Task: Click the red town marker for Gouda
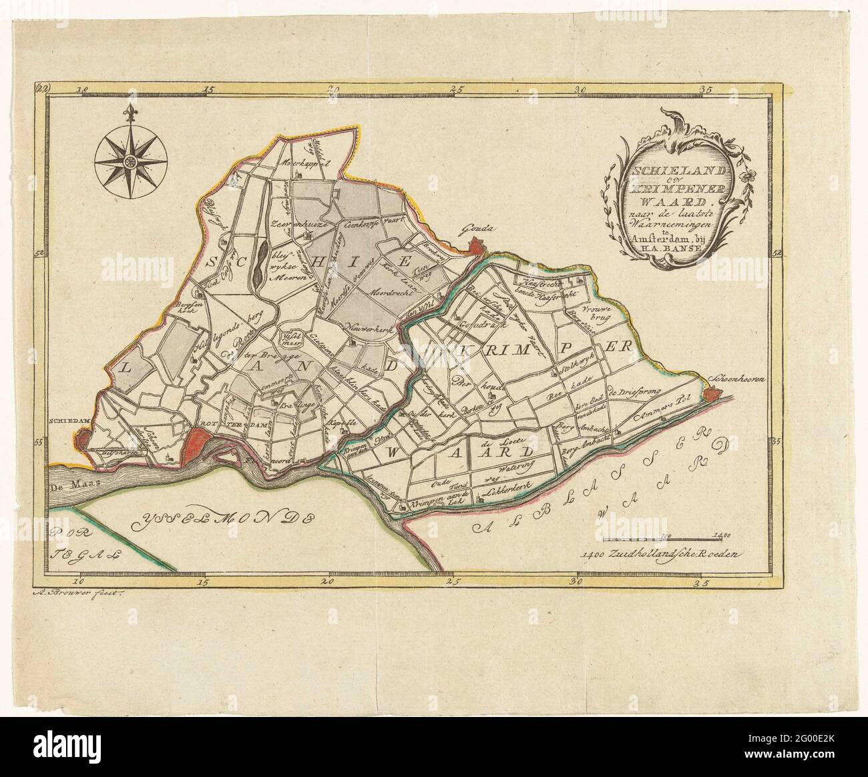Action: [x=475, y=248]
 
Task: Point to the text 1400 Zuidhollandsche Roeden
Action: [x=661, y=553]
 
